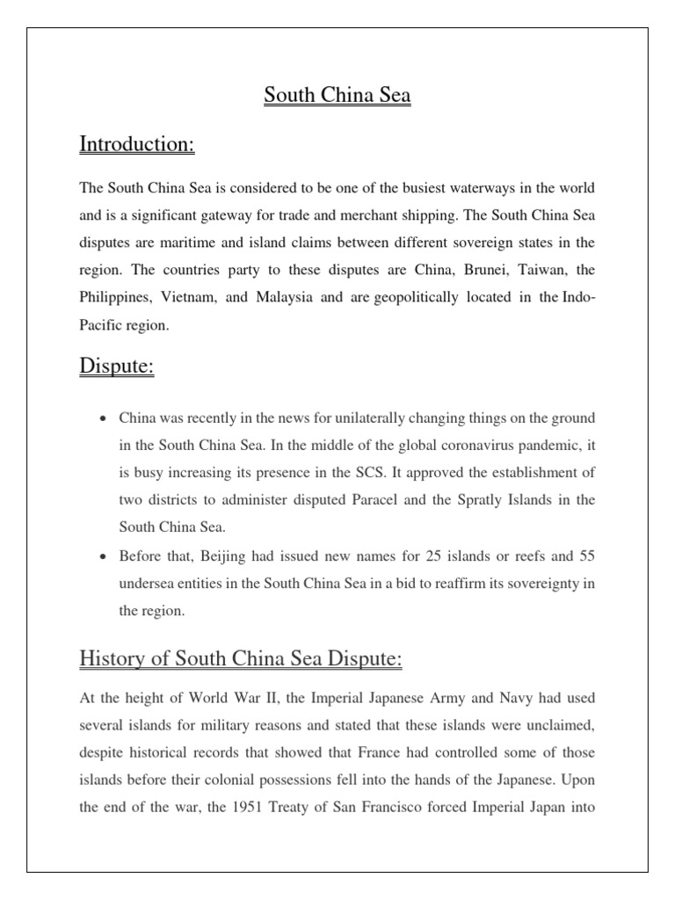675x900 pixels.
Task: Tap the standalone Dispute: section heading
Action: (117, 366)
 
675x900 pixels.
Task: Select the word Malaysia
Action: (286, 297)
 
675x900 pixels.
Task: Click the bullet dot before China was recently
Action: (105, 417)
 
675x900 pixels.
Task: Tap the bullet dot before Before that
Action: (105, 557)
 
